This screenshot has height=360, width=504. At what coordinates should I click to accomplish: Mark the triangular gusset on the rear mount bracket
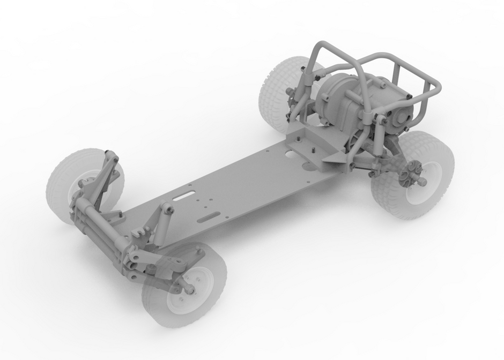[x=333, y=157]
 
